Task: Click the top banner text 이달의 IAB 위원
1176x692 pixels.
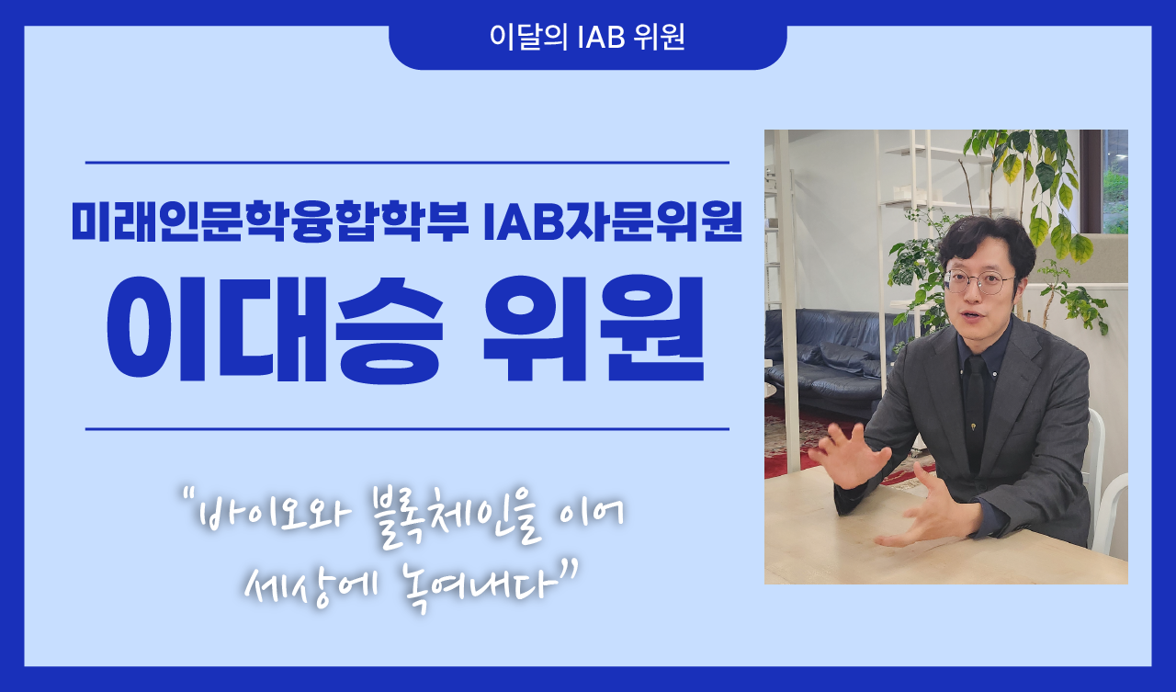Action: coord(587,37)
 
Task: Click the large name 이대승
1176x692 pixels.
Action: coord(275,330)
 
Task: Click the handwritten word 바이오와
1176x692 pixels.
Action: coord(273,513)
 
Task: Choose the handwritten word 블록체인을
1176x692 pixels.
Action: coord(457,516)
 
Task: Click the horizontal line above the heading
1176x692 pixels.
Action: coord(407,163)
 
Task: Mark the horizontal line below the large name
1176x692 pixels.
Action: coord(407,429)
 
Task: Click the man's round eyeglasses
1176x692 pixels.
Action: coord(978,282)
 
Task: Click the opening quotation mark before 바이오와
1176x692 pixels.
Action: coord(189,493)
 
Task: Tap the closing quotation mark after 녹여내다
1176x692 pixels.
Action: coord(570,568)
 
